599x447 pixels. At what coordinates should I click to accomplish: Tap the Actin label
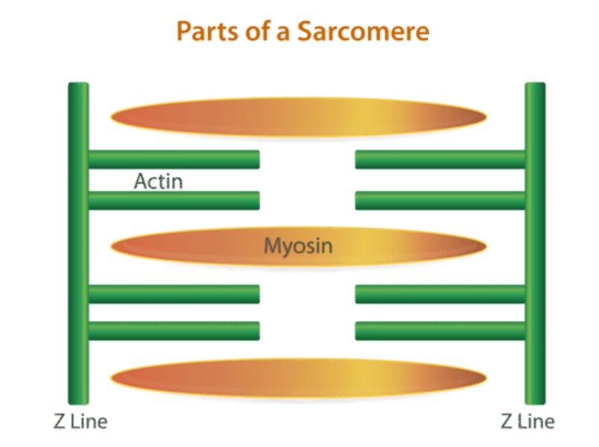158,180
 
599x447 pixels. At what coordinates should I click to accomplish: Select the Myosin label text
298,245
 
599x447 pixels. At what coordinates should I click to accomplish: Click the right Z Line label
528,422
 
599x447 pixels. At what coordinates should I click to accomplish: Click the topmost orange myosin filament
297,117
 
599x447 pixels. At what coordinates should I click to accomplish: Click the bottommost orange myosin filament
297,377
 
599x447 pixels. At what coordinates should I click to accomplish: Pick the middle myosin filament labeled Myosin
186,245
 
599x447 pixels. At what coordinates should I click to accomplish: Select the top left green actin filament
174,160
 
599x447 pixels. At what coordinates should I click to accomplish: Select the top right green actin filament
440,160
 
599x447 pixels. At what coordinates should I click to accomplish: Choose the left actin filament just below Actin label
174,200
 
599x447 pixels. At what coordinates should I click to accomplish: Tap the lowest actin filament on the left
174,330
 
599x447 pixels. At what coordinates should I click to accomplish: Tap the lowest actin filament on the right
440,330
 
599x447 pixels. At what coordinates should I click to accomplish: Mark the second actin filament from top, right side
440,200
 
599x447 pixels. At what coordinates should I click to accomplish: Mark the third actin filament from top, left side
174,294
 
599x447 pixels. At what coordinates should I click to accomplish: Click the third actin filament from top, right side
440,294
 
